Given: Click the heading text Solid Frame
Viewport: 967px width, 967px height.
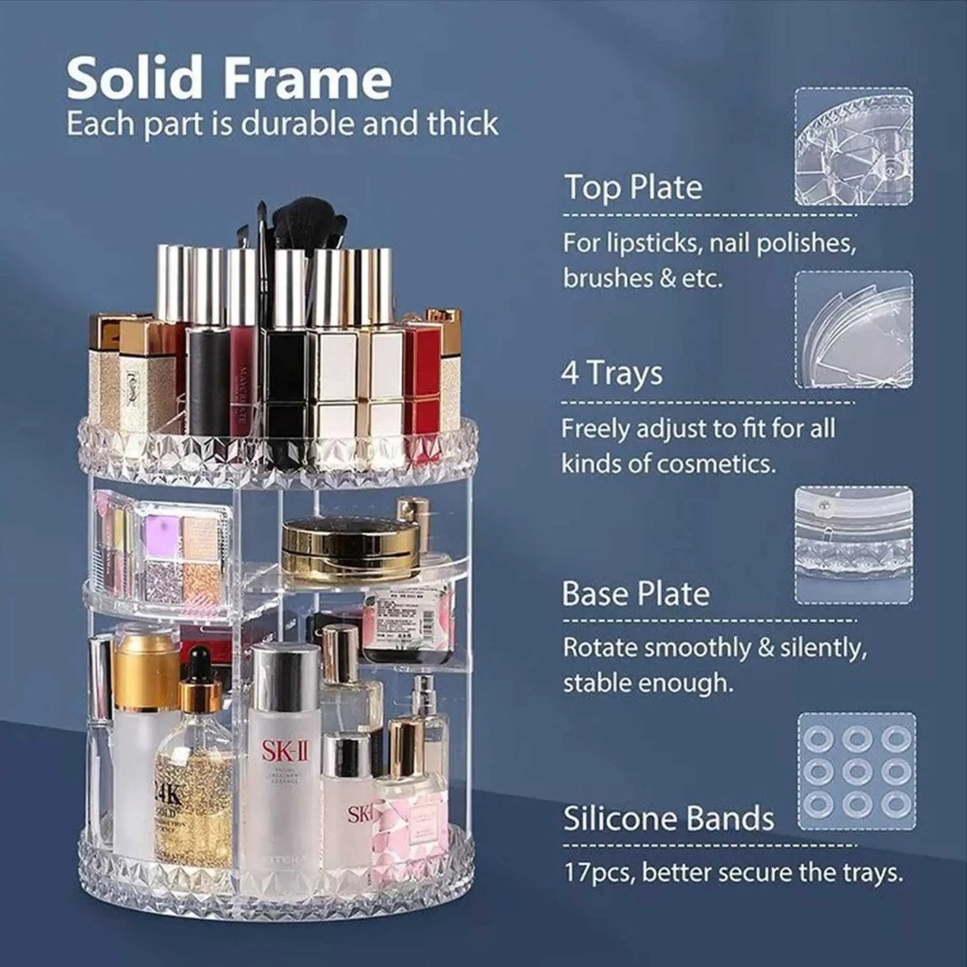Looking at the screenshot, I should point(229,79).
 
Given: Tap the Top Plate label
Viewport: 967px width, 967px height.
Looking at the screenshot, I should point(633,187).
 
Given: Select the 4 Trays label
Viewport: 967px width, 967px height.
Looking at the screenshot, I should point(612,373).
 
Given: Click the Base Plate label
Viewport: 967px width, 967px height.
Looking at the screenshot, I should point(636,594).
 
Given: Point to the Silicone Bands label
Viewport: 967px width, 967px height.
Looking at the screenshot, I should point(668,818).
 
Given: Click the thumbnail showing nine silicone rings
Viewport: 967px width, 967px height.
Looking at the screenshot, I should point(856,771).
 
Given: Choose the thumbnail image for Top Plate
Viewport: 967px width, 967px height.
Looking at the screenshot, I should point(854,146).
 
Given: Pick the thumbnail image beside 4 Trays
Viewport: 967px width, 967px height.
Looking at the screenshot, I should point(854,329).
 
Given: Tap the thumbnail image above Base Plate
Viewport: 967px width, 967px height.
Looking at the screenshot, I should point(854,545).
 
